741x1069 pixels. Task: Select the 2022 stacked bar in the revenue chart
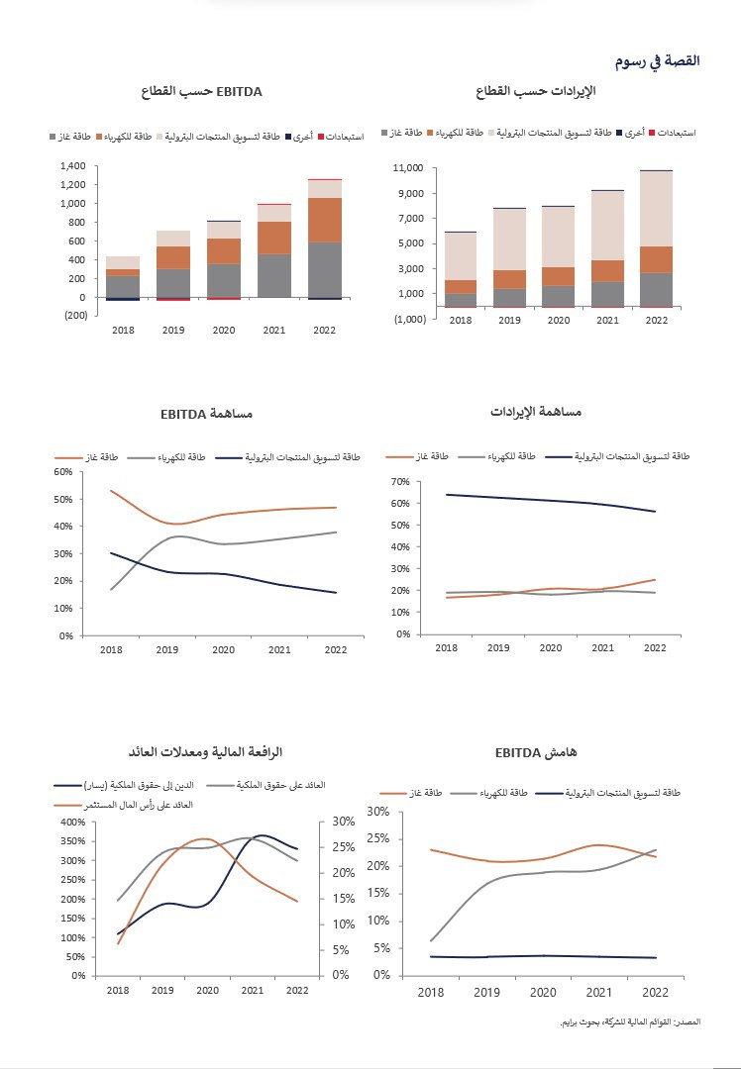click(656, 238)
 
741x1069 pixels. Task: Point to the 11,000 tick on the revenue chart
click(408, 168)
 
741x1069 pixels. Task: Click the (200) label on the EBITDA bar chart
click(74, 315)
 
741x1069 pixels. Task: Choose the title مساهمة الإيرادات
click(537, 411)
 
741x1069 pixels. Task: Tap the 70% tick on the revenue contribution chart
click(400, 482)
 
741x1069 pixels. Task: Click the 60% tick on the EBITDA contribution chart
click(63, 472)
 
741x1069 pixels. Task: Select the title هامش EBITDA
click(531, 753)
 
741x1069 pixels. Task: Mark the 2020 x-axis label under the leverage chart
click(207, 990)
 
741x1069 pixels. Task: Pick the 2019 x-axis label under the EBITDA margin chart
click(486, 992)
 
